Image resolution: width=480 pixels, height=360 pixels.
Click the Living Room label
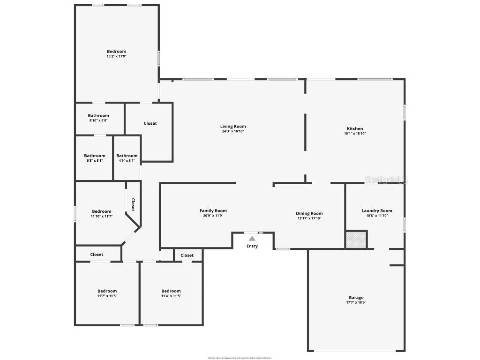pos(233,126)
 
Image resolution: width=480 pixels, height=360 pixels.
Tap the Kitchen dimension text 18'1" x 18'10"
pos(354,134)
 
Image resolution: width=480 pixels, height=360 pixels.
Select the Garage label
pos(356,298)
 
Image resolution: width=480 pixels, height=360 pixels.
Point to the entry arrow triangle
pos(252,239)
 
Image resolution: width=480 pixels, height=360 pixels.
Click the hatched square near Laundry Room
pos(356,240)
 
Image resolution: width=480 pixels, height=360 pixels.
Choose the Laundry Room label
pos(377,211)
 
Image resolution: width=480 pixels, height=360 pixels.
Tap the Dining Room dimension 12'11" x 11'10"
pos(309,218)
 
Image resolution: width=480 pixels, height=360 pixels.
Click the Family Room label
pos(213,211)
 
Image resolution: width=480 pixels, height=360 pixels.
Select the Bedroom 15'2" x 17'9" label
pos(116,52)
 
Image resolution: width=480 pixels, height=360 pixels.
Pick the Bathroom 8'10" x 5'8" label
pos(98,116)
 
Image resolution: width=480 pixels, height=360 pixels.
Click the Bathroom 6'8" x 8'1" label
pos(95,156)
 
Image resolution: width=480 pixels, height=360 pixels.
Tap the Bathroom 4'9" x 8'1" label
pos(127,156)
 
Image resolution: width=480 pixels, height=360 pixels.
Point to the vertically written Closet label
pos(133,205)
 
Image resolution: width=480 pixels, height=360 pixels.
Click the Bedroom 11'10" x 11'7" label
pos(102,211)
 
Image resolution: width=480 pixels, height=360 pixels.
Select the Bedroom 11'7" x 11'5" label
pos(107,291)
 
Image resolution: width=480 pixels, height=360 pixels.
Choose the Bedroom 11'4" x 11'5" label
pos(171,291)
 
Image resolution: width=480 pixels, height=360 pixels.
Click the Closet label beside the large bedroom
pos(150,123)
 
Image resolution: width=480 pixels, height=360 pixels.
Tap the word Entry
pos(252,246)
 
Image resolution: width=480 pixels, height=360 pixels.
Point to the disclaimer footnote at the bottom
pos(240,358)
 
